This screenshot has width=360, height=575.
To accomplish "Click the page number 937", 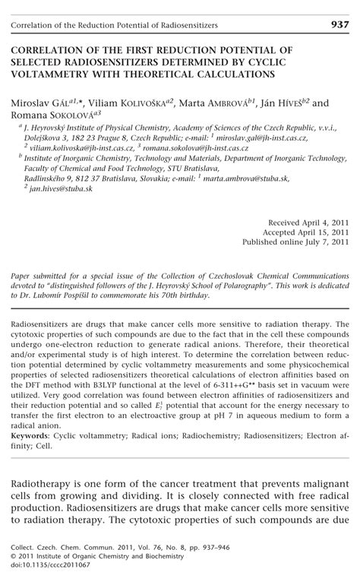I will tap(339, 24).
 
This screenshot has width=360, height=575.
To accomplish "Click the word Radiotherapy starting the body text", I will tap(47, 463).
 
